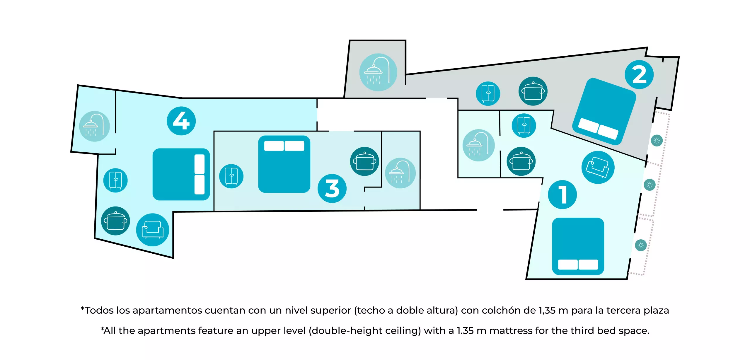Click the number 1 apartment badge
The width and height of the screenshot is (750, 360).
(x=562, y=194)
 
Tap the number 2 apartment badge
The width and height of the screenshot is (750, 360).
(x=639, y=74)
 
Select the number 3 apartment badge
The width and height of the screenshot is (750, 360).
(x=332, y=188)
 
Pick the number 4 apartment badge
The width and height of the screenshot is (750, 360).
(x=181, y=121)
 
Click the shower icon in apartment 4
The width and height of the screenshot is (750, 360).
(x=94, y=126)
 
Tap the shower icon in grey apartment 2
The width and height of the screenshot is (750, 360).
(x=378, y=72)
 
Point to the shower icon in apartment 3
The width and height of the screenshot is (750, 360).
(x=400, y=173)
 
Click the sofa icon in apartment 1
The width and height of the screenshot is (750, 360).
(x=598, y=167)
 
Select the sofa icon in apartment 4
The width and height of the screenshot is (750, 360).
(x=152, y=230)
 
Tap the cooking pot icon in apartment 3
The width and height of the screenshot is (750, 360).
(x=364, y=161)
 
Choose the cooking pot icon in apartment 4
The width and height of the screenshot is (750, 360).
(x=115, y=221)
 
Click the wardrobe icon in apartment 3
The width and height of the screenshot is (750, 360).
(x=231, y=176)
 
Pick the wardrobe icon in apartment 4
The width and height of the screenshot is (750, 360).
(x=115, y=180)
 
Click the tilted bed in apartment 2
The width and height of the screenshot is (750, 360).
(x=604, y=111)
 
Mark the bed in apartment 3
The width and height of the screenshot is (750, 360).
(x=284, y=164)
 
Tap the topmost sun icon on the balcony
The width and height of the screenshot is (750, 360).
(x=657, y=141)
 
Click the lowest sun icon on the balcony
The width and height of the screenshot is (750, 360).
(x=640, y=245)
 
